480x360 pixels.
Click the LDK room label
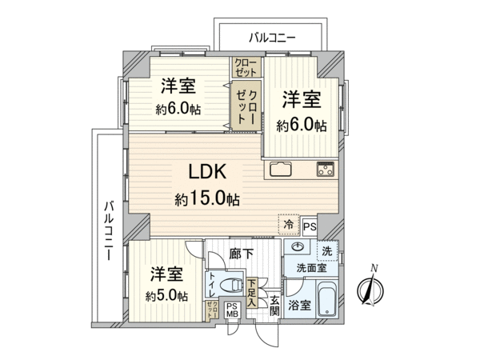[x=209, y=171]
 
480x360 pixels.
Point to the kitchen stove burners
[x=326, y=169]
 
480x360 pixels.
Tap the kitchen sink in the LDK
[x=282, y=169]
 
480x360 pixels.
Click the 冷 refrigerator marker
[x=287, y=226]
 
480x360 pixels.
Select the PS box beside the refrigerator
[x=310, y=226]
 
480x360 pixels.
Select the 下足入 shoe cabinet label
[x=252, y=293]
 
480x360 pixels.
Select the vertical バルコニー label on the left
[x=107, y=229]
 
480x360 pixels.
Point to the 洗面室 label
[x=310, y=268]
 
